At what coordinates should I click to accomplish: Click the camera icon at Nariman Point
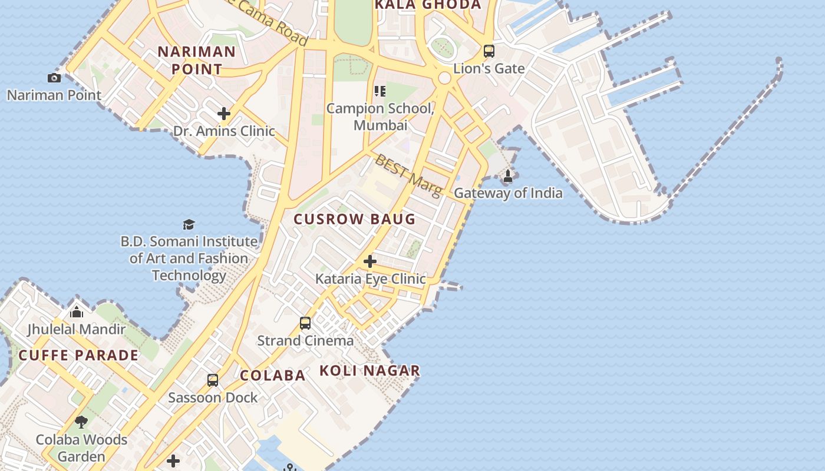click(x=54, y=78)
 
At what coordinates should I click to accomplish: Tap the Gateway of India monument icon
click(x=508, y=175)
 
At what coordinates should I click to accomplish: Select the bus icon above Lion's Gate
click(x=489, y=51)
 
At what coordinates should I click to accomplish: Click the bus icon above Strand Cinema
click(x=305, y=323)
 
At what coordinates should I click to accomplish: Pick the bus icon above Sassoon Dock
click(x=213, y=380)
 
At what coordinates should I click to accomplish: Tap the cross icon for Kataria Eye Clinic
click(x=370, y=261)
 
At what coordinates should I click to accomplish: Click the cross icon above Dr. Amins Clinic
click(x=224, y=113)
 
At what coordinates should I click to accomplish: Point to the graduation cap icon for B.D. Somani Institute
click(x=189, y=224)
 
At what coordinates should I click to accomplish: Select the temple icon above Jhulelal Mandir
click(x=77, y=311)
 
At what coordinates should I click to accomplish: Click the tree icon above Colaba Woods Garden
click(x=81, y=422)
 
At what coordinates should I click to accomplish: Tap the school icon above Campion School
click(x=380, y=91)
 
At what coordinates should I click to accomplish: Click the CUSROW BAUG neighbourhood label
click(x=355, y=219)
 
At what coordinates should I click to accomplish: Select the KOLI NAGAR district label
click(x=370, y=370)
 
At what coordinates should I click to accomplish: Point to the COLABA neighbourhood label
click(x=272, y=375)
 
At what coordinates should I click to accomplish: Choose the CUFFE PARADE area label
click(x=78, y=355)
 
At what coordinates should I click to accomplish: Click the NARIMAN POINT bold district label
click(x=197, y=60)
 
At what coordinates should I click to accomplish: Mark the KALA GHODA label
click(x=428, y=5)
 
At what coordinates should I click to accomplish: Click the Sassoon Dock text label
click(x=213, y=397)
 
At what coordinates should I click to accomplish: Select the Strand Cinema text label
click(x=305, y=340)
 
